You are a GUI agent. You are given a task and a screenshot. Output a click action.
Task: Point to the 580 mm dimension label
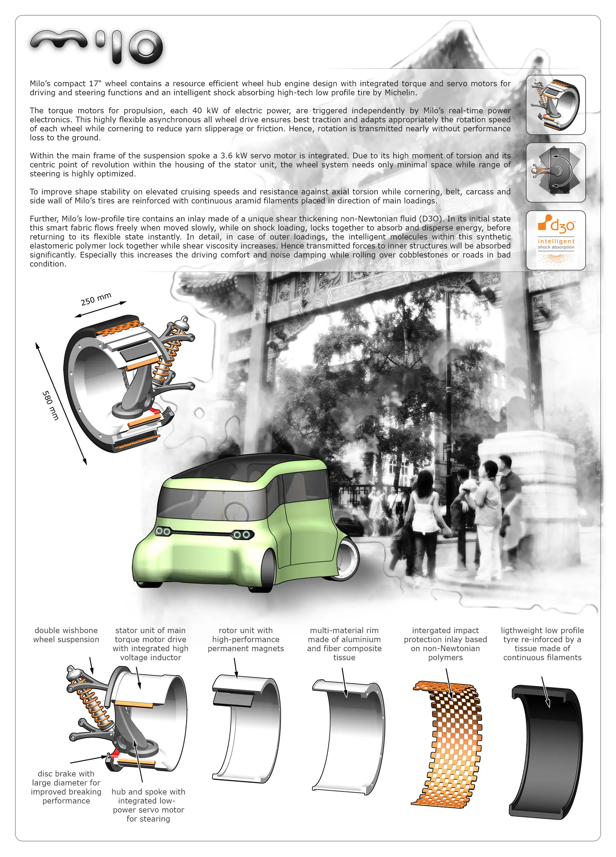(x=50, y=405)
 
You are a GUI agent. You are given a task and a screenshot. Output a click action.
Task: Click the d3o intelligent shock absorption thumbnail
(x=555, y=240)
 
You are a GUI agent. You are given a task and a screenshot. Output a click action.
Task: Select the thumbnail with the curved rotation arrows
(x=555, y=172)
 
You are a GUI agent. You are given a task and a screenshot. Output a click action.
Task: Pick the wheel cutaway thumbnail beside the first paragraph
(x=555, y=105)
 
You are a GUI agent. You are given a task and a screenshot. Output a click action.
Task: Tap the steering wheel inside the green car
(x=236, y=511)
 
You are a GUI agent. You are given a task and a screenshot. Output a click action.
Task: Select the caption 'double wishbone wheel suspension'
(x=66, y=635)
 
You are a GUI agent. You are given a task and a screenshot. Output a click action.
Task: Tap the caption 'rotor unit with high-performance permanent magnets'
(x=245, y=639)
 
